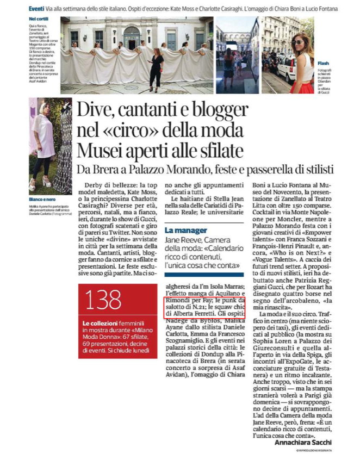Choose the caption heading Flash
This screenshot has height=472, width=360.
point(323,63)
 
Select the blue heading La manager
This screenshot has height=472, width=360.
point(185,230)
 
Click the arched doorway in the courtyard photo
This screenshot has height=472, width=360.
point(132,39)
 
